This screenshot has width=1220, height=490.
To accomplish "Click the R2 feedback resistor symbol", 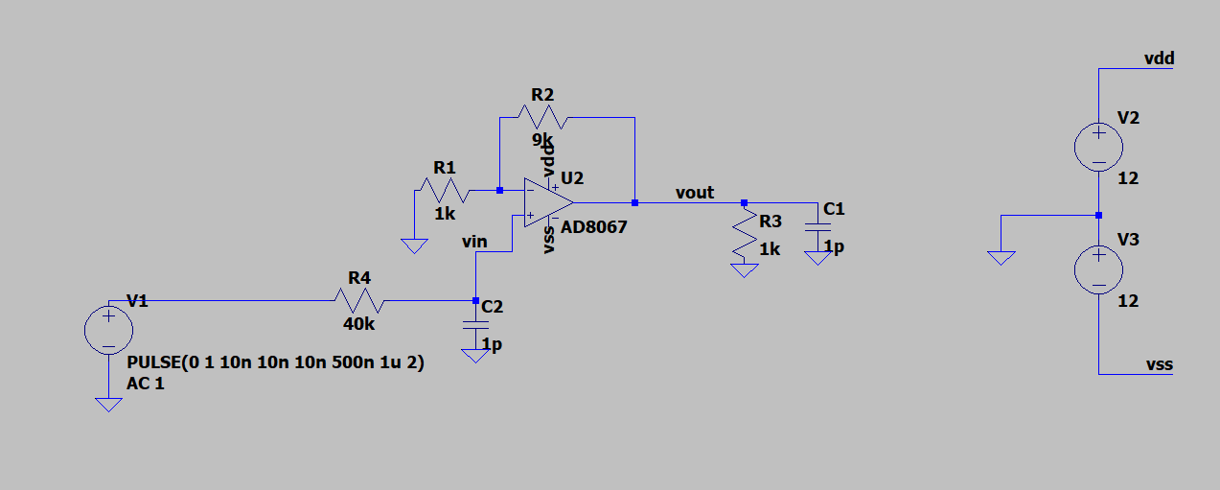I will [542, 118].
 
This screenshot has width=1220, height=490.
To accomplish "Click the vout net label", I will [695, 193].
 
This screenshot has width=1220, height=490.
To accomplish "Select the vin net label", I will [474, 242].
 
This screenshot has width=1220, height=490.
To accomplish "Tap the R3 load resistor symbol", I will [745, 235].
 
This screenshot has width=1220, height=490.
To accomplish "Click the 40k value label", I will [358, 324].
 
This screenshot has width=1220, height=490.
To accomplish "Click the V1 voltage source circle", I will [109, 331].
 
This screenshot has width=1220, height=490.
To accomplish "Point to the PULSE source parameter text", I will [275, 363].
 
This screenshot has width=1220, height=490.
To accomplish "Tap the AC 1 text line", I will [146, 383].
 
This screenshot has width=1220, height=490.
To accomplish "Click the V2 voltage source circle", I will [1099, 148].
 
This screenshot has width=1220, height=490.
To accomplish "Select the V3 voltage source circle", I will [1099, 269].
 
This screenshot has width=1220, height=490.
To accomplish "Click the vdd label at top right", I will [1159, 59].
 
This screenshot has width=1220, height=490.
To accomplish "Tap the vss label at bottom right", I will [1159, 364].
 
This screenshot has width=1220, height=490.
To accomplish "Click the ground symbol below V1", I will [109, 404].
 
